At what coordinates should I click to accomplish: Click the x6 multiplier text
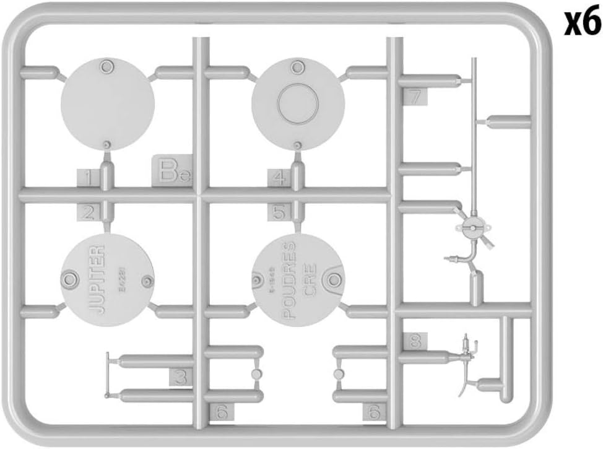coord(582,24)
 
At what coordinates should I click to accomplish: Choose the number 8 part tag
coord(415,340)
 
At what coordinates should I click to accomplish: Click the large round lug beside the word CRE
coord(335,275)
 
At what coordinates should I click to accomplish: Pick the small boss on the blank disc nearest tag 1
coord(107,144)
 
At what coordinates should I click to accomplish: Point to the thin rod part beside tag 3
coord(108,375)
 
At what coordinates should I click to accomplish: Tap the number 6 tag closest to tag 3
coord(223,410)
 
